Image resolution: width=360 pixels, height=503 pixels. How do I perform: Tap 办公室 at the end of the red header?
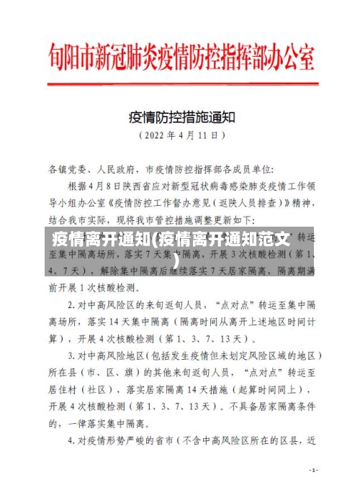(288, 53)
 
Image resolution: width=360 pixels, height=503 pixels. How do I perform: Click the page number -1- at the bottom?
(313, 471)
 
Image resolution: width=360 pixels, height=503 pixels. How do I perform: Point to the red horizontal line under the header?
(180, 81)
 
